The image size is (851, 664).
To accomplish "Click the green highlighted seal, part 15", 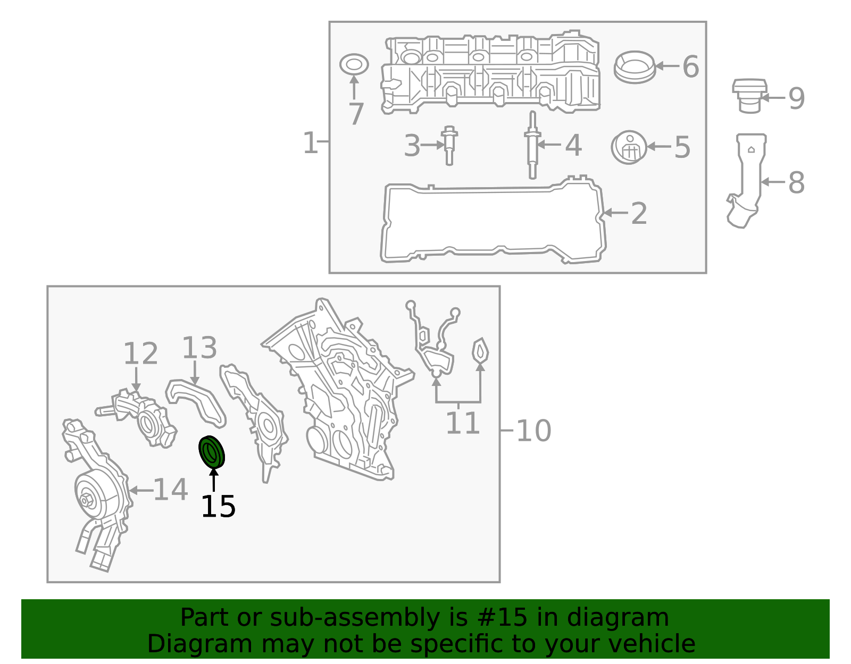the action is (212, 452).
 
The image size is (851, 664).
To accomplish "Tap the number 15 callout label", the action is (218, 507).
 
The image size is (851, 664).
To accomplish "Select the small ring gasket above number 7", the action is (354, 64).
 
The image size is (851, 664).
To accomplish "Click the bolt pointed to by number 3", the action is (449, 146).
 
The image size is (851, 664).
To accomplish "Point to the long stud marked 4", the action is (532, 145).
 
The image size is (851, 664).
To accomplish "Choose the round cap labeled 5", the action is (629, 147).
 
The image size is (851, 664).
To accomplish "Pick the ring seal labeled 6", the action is (635, 67).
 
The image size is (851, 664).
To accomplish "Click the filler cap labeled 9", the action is (749, 96).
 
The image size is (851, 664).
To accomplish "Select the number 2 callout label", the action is (639, 214).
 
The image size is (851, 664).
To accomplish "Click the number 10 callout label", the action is (534, 431).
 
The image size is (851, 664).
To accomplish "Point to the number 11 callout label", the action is (463, 423).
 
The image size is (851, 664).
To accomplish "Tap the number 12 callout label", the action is (140, 354).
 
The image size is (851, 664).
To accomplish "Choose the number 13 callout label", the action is (199, 348).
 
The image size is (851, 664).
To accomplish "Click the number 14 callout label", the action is (170, 490).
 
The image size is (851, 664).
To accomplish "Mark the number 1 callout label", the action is (310, 142).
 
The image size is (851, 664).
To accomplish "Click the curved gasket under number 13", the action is (195, 403).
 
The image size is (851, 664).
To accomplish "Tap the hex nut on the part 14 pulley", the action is (86, 501).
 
